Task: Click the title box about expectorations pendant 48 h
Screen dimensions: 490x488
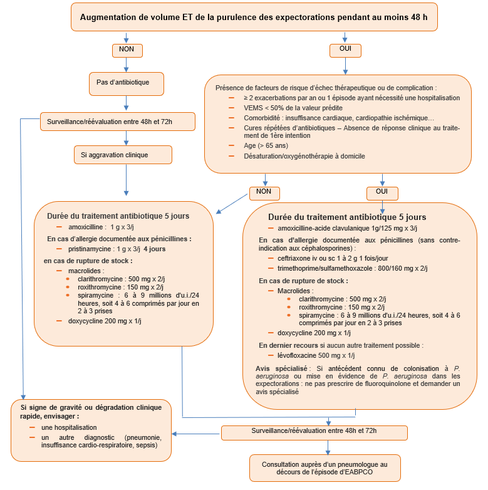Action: pos(254,17)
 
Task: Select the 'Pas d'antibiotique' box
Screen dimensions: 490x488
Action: pos(127,82)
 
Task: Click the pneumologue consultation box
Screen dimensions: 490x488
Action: pos(328,467)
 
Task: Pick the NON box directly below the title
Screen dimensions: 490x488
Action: pos(127,50)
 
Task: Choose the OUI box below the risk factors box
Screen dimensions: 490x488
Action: pos(382,192)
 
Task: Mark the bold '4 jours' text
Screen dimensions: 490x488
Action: pos(154,249)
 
